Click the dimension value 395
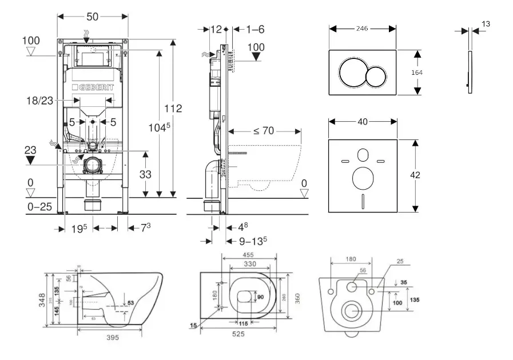[x=113, y=338]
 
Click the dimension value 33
[x=145, y=174]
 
